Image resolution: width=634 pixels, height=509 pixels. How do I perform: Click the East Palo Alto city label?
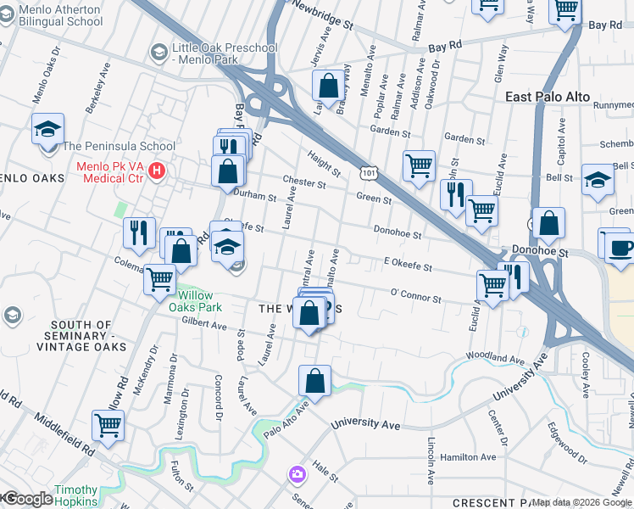(547, 98)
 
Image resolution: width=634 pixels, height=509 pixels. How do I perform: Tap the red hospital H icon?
(156, 171)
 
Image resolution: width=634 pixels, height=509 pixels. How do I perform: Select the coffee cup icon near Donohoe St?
(621, 249)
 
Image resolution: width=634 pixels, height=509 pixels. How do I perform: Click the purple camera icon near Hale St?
(297, 473)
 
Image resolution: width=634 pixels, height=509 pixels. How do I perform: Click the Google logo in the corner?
(27, 499)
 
